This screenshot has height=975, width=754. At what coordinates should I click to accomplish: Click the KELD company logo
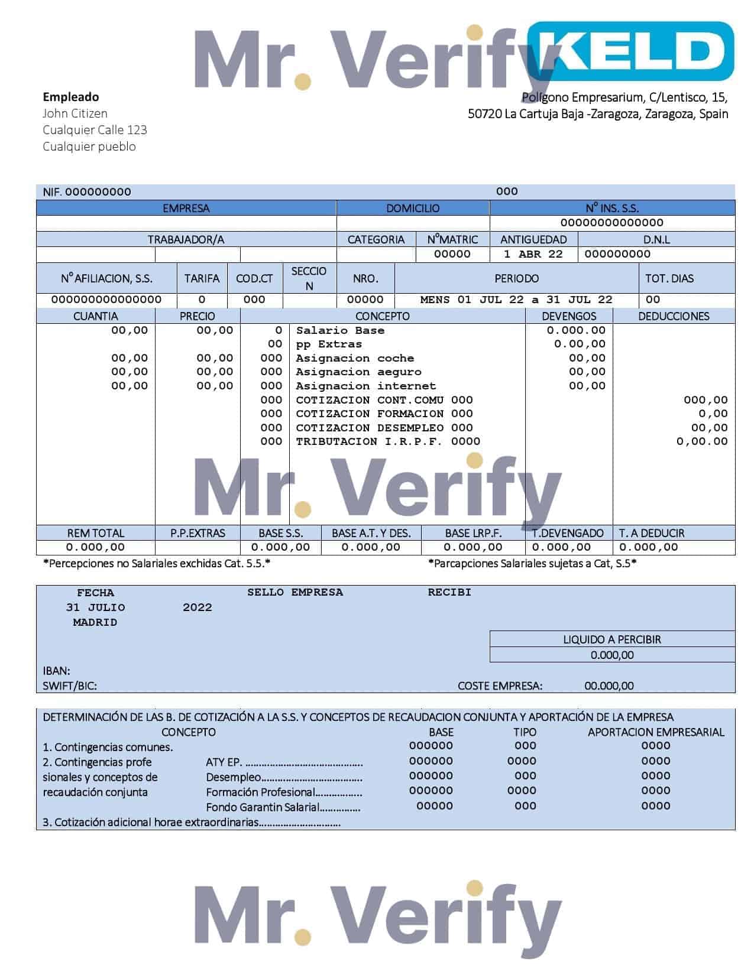(x=630, y=51)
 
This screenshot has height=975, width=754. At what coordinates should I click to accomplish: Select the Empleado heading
(x=71, y=97)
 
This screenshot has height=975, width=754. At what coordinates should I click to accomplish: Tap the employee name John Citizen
(x=75, y=113)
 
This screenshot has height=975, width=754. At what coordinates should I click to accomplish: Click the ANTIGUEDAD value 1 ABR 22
(x=533, y=254)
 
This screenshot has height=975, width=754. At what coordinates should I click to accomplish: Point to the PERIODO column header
(x=516, y=278)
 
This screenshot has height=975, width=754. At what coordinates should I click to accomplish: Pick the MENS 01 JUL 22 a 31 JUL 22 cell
(x=516, y=300)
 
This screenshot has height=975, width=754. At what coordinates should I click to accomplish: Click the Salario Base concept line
(x=340, y=331)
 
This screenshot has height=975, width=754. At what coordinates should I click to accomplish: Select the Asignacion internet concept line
(x=365, y=386)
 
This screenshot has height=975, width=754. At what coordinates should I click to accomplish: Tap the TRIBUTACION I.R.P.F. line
(x=387, y=441)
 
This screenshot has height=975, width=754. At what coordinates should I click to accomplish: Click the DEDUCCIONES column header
(x=674, y=316)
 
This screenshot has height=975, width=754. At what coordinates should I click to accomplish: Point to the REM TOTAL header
(x=95, y=533)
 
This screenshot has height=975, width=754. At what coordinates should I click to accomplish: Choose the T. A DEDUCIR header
(x=651, y=533)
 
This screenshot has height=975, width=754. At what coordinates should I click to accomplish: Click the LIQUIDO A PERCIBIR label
(x=612, y=639)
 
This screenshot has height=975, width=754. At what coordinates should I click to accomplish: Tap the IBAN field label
(x=56, y=671)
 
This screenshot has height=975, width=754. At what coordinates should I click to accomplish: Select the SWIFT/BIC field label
(x=70, y=686)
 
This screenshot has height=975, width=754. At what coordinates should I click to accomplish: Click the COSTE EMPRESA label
(x=500, y=686)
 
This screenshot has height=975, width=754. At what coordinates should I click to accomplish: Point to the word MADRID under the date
(x=95, y=622)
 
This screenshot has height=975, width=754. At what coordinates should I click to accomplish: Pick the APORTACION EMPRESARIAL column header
(x=656, y=732)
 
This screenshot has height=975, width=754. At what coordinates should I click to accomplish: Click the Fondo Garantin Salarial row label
(x=263, y=807)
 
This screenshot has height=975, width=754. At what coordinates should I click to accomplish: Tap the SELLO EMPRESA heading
(x=295, y=592)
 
